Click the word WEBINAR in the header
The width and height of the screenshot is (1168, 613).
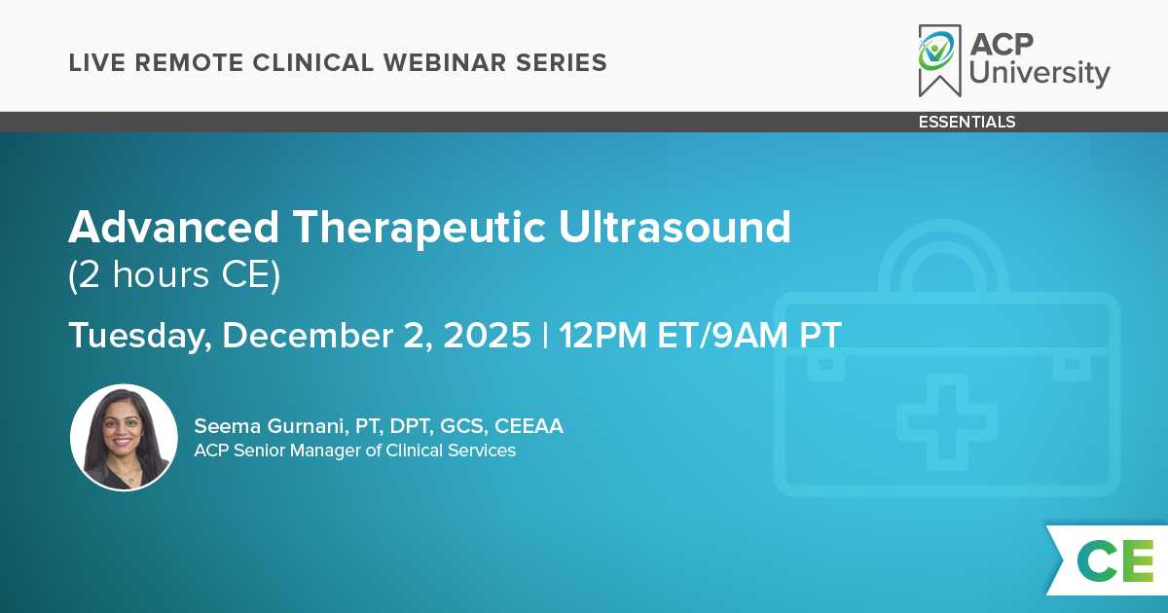[445, 62]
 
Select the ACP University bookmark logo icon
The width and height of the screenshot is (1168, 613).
[939, 60]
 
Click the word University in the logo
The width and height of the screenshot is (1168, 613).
[1040, 74]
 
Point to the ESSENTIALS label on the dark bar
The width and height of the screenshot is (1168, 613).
[967, 122]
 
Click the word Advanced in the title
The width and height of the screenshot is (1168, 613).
[173, 228]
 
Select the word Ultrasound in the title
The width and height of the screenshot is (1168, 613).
[675, 228]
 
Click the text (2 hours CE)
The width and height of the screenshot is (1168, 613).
[174, 275]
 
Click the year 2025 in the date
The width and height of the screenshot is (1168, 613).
[487, 335]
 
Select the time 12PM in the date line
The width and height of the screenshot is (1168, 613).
[602, 335]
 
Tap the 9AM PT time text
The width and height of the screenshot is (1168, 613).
[777, 335]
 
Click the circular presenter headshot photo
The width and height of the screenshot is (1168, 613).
[125, 438]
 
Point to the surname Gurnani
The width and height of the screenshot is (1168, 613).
[308, 426]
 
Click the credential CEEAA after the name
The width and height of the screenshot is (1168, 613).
[529, 426]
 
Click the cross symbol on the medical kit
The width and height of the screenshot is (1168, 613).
[947, 421]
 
